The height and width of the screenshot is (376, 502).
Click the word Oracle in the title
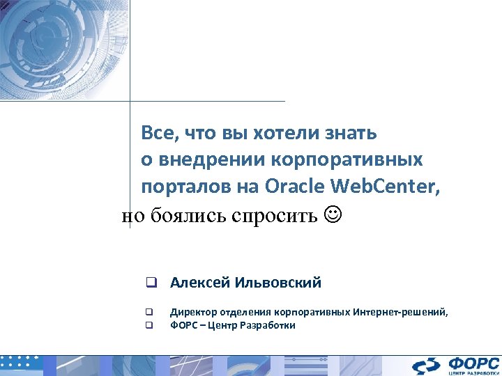pos(296,187)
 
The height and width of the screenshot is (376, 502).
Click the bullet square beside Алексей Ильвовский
pos(149,283)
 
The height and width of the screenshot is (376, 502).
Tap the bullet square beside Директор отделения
pos(149,313)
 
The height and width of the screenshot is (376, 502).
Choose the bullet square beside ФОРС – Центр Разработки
pos(149,325)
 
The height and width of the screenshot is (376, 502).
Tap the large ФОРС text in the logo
pos(473,362)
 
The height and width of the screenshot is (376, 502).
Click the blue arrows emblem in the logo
pos(427,366)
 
